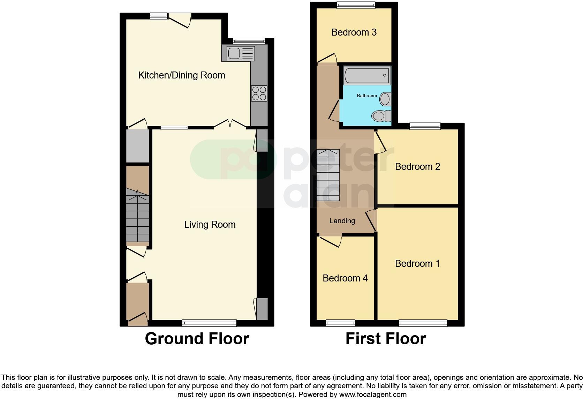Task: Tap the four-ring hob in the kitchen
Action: (x=259, y=93)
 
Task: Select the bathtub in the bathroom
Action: (x=367, y=75)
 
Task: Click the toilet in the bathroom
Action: (x=381, y=115)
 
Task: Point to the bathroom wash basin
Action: (x=385, y=99)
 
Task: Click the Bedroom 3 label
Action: (x=354, y=32)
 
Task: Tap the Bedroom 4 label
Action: (x=345, y=278)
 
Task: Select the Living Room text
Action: (x=210, y=225)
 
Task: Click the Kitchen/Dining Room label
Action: (x=181, y=75)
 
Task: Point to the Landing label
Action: (x=342, y=221)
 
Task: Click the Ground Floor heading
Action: (x=197, y=339)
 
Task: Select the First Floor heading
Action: (x=385, y=339)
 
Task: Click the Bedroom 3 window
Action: (x=356, y=5)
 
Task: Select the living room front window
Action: (x=209, y=323)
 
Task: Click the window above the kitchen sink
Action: (x=249, y=41)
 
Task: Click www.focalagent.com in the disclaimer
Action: (x=373, y=395)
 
